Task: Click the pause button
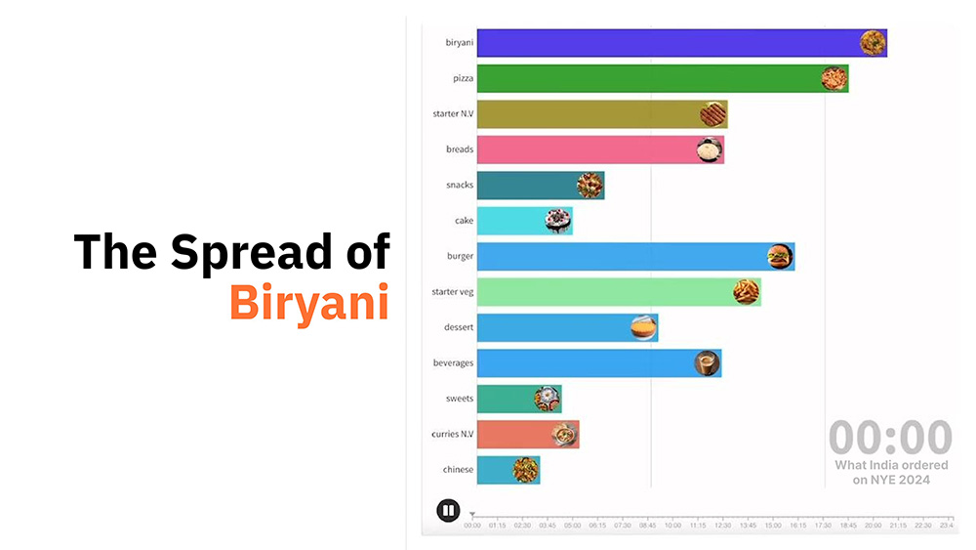(448, 510)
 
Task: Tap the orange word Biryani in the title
(308, 301)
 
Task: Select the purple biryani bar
(664, 43)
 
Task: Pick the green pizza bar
(644, 78)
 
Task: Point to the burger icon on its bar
(780, 256)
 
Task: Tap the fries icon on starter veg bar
(746, 291)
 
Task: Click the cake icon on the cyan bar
(557, 221)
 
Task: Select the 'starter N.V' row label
(453, 114)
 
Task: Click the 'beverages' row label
(453, 363)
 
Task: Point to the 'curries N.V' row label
(452, 434)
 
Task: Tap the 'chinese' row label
(458, 470)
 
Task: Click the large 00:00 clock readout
(890, 437)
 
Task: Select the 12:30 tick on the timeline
(722, 526)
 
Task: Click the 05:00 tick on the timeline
(572, 526)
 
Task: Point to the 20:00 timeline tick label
(873, 526)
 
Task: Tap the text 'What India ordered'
(891, 465)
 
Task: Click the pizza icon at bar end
(833, 78)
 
